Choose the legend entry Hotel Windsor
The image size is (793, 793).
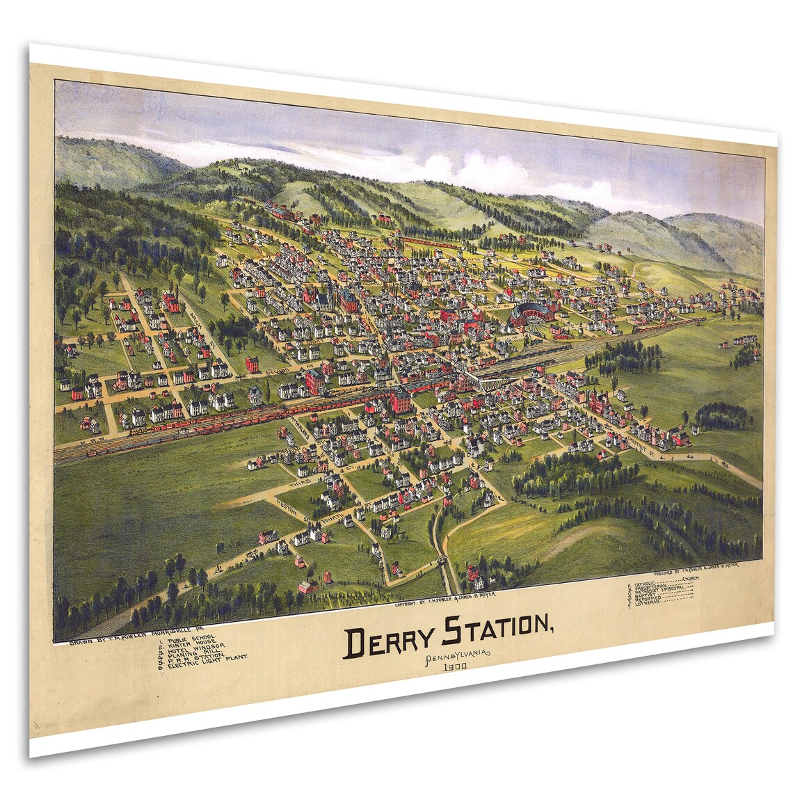click(195, 646)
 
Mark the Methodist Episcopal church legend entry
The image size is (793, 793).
click(661, 586)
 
